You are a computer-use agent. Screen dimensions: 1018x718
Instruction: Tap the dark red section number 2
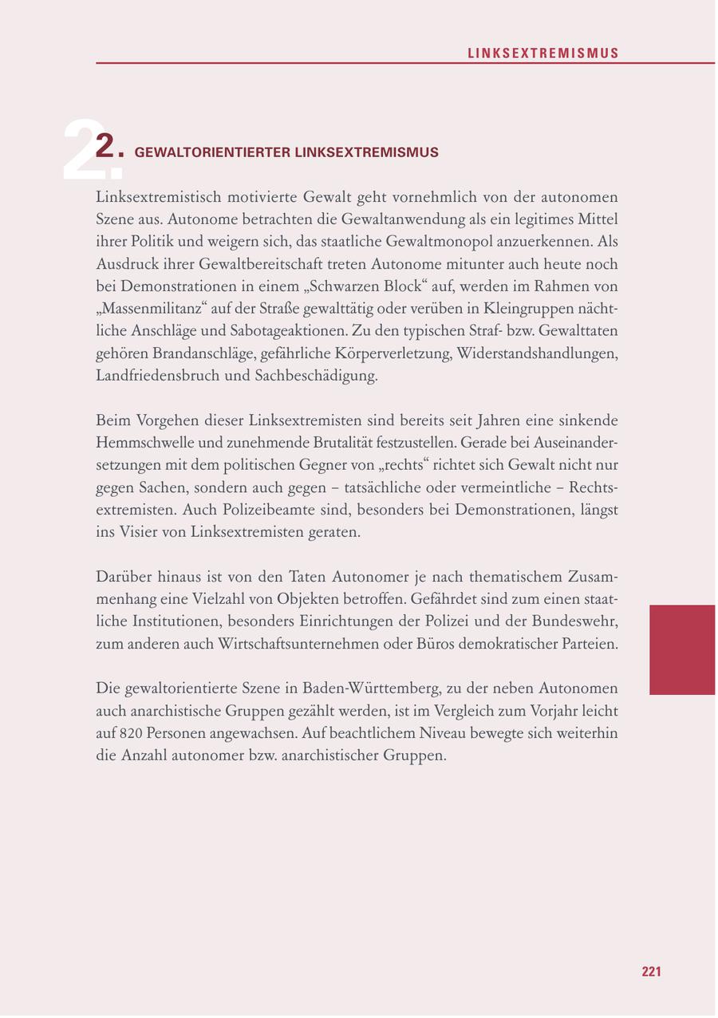[x=108, y=148]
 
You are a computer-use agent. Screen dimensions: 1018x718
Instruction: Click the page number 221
[x=651, y=972]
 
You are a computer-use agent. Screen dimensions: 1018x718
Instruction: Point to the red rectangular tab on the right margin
[x=681, y=649]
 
